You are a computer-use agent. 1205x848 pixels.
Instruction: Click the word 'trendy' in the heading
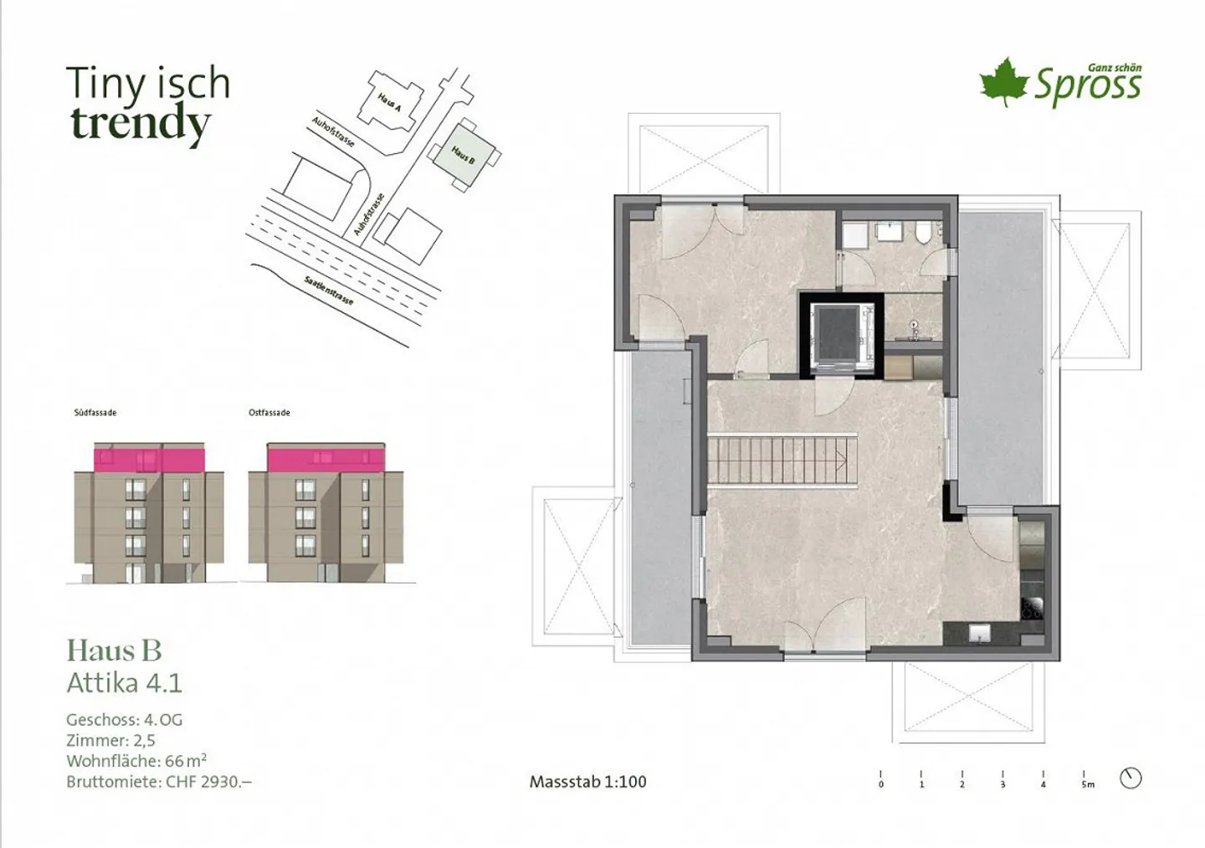click(140, 124)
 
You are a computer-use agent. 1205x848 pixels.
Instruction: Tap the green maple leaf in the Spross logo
click(1003, 82)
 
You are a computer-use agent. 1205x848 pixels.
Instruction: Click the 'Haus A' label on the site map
click(389, 102)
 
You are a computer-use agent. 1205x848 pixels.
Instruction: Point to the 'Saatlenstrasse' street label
click(329, 290)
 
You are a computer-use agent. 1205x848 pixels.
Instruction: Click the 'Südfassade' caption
click(95, 413)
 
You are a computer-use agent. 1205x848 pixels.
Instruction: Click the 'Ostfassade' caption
click(269, 413)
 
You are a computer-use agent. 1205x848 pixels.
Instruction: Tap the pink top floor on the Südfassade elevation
click(149, 460)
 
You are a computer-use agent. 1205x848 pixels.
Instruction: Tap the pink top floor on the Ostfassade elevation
click(326, 458)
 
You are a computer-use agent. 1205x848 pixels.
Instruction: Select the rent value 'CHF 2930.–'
click(208, 782)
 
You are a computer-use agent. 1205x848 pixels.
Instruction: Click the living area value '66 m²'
click(185, 761)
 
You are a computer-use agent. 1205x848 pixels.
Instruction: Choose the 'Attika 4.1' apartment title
click(124, 683)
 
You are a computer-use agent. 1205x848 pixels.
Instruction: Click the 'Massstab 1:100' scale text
click(587, 782)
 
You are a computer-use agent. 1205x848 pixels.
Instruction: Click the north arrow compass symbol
click(1131, 778)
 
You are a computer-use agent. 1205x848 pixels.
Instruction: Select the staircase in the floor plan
click(782, 459)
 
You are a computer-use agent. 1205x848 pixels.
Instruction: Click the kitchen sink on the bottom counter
click(980, 633)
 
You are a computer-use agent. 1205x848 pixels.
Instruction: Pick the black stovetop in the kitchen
click(1032, 609)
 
